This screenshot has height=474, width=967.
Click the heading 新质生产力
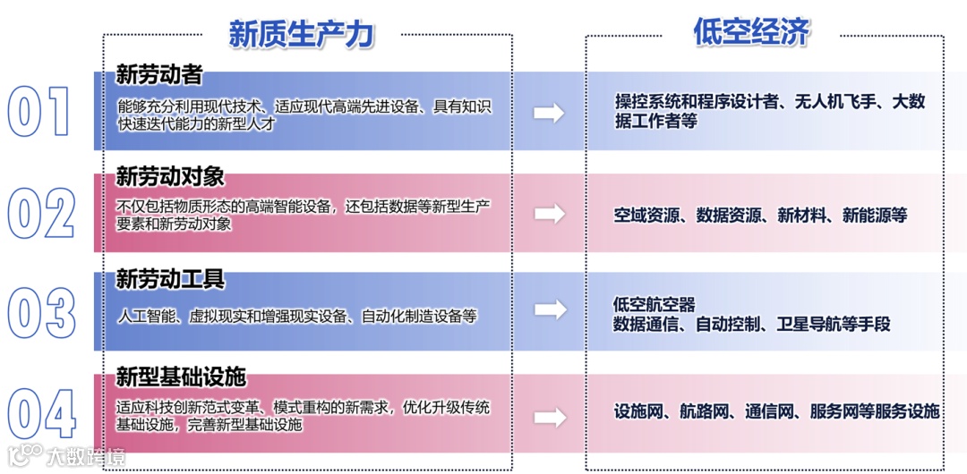coord(301,35)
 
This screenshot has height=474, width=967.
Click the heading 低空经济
coord(751,32)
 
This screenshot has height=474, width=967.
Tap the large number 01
coord(39,112)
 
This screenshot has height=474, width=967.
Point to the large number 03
coord(41,313)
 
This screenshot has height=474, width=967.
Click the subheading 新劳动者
coord(158,75)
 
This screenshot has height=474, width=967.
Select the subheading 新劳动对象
coord(170,175)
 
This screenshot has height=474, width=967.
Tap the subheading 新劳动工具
coord(170,279)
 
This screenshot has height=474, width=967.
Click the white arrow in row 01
coord(549,113)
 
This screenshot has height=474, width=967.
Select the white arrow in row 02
coord(549,214)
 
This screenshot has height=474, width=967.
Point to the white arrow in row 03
coord(549,309)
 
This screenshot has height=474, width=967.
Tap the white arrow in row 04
coord(549,417)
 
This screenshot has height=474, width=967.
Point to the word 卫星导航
coord(809,324)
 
